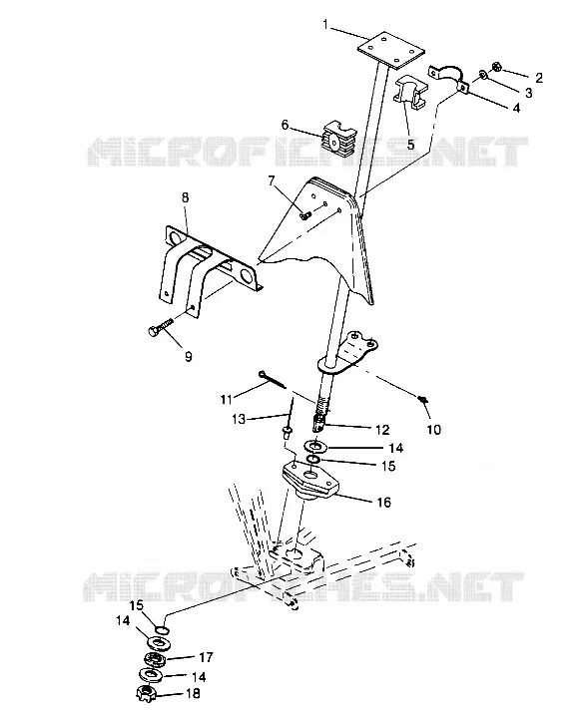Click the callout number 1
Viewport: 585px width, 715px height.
[325, 24]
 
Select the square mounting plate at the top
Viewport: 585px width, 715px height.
[390, 50]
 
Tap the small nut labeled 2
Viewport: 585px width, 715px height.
[498, 67]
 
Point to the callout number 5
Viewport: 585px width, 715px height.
[410, 145]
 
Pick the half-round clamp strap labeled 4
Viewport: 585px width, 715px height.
[449, 78]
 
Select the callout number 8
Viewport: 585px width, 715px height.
[186, 197]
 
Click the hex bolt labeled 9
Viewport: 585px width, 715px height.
[162, 326]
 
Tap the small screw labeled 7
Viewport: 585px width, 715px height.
[305, 214]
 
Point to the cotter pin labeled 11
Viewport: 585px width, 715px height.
[272, 380]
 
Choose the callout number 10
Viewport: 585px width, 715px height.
[434, 429]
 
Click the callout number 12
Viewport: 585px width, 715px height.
[382, 430]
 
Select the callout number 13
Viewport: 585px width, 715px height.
[240, 419]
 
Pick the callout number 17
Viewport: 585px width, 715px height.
[206, 657]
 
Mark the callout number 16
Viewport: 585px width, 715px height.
[384, 502]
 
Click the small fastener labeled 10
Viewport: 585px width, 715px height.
[423, 400]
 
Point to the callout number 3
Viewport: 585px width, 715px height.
[528, 93]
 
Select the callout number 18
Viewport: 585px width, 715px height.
[193, 694]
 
